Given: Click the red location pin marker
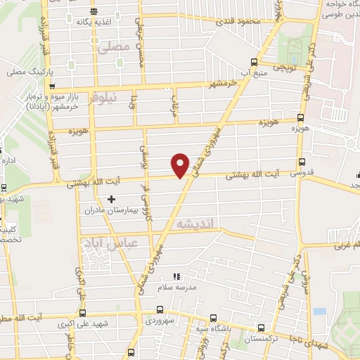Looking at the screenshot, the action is point(181,165).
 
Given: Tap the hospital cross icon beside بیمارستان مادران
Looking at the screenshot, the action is point(111,200).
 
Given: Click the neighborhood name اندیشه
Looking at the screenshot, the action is point(198,224).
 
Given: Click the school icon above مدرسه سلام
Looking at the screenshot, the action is point(176,276).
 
